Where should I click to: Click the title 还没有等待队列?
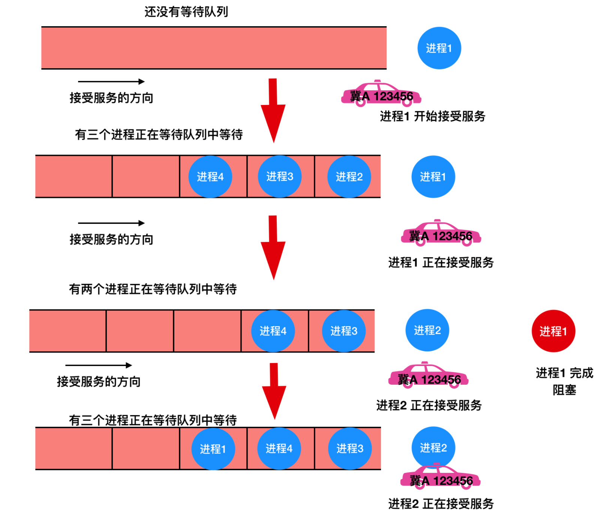[186, 12]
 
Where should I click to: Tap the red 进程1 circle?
[553, 331]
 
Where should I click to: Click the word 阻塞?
[564, 390]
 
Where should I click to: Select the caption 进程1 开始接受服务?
[433, 116]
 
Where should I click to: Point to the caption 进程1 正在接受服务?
[441, 262]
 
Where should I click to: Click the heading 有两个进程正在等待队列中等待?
[153, 289]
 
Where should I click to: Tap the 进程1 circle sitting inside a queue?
[213, 448]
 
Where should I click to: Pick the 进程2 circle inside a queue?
[349, 177]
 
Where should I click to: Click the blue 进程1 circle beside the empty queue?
[439, 48]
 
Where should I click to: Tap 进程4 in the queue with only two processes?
[273, 331]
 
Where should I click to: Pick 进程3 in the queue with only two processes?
[344, 331]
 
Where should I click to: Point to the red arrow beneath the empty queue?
[273, 111]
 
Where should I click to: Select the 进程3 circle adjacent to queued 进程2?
[280, 177]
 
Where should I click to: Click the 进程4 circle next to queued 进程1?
[279, 448]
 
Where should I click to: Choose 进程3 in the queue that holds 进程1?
[350, 448]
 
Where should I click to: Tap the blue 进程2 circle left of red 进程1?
[427, 330]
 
